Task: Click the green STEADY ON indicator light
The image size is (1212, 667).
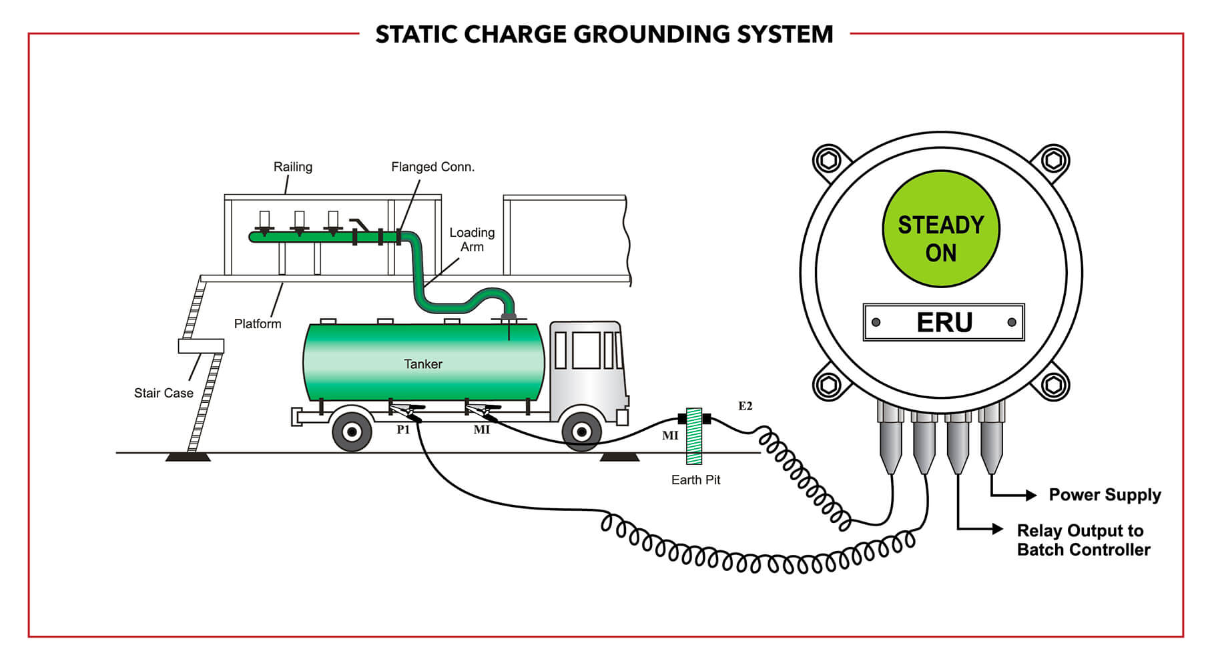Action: [x=940, y=229]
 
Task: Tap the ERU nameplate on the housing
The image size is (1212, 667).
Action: [x=943, y=323]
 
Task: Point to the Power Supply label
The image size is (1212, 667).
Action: [x=1105, y=495]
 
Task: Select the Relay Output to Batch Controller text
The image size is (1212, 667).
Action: [x=1083, y=540]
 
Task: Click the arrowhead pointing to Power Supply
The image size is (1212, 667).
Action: [x=1031, y=495]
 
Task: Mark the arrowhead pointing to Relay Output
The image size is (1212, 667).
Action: [x=998, y=529]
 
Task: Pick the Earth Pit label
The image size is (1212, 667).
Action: [x=695, y=480]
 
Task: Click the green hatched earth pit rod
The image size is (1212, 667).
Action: [x=694, y=436]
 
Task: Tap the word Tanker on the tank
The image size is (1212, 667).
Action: [x=422, y=364]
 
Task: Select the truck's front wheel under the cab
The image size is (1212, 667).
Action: [x=581, y=432]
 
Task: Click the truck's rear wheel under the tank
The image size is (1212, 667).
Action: [x=352, y=432]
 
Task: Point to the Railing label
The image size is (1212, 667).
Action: [x=292, y=167]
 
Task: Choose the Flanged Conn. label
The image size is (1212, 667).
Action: [x=432, y=167]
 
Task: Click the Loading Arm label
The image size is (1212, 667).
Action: [x=472, y=239]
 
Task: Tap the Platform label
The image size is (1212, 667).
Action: [x=258, y=324]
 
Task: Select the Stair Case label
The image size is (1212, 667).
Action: [x=164, y=393]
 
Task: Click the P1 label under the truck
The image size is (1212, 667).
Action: [x=403, y=430]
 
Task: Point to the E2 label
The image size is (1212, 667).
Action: [x=745, y=406]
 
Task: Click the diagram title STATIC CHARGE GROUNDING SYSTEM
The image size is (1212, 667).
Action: [x=604, y=35]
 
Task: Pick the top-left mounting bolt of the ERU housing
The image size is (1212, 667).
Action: [x=828, y=160]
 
